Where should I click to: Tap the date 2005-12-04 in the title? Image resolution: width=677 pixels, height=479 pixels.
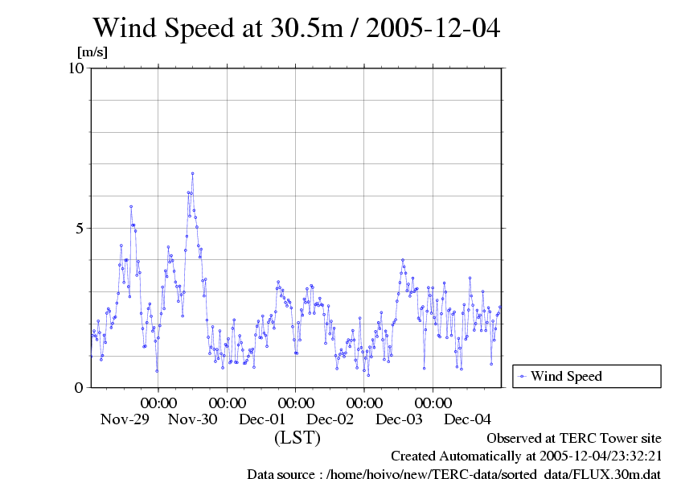pos(433,28)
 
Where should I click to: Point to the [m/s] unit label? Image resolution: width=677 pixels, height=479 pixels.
pos(92,52)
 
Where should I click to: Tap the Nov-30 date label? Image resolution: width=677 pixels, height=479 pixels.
pos(193,419)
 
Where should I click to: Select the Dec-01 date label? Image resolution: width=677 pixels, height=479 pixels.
pos(262,419)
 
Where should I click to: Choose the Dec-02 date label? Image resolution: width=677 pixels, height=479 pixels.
pos(330,419)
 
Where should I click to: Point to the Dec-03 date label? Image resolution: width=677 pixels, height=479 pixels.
pos(400,419)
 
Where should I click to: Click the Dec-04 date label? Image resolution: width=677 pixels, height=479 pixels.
pos(468,419)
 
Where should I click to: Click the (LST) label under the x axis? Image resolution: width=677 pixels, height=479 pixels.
pos(297,438)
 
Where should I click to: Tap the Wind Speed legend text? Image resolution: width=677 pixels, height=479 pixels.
pos(566,376)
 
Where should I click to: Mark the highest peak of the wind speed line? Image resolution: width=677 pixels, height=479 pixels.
pos(192,173)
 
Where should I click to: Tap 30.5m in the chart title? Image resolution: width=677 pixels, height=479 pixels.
pos(311,28)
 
